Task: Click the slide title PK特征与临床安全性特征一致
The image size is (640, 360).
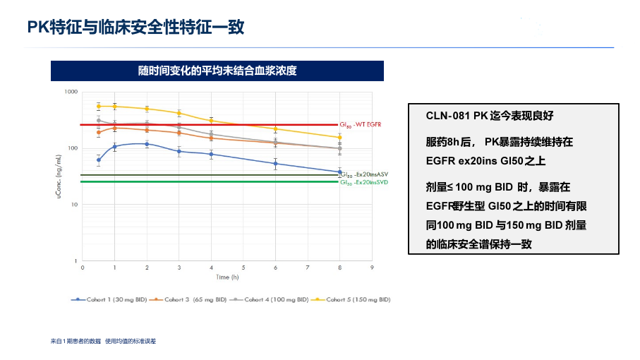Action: [135, 28]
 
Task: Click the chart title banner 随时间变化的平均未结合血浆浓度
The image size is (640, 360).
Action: [217, 71]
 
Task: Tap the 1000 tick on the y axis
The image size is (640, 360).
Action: [70, 92]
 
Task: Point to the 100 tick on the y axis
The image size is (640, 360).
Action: [71, 148]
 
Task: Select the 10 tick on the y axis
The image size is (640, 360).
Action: [73, 205]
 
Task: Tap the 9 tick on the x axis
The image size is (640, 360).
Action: [372, 268]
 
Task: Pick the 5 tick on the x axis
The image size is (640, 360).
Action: [243, 268]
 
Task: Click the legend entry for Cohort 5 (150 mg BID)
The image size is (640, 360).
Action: [358, 299]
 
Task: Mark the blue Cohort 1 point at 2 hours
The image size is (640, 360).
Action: [147, 144]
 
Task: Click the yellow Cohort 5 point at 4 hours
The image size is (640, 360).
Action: [211, 121]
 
